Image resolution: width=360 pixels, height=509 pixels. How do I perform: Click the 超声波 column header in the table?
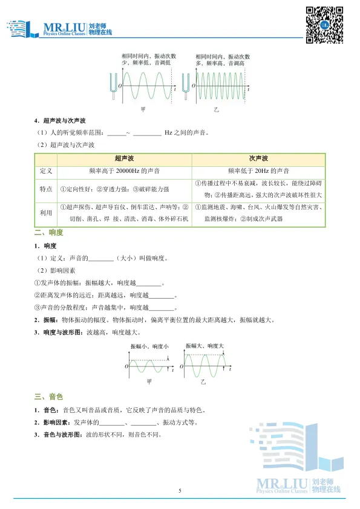(123, 158)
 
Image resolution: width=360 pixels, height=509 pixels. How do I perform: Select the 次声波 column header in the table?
(258, 158)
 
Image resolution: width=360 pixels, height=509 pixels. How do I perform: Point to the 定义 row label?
(47, 171)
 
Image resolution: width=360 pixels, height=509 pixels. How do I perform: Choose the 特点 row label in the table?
(47, 190)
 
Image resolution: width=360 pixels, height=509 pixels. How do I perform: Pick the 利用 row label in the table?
(47, 212)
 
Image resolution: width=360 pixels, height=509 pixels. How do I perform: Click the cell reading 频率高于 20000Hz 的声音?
(123, 171)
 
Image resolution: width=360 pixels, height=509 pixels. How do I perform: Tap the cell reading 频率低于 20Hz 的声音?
(258, 171)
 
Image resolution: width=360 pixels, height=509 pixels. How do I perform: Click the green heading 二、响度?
(49, 233)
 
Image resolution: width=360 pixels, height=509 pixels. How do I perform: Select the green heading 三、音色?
(49, 397)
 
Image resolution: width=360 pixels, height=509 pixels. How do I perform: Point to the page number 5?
(180, 490)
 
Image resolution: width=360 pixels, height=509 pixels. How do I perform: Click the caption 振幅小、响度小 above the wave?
(149, 345)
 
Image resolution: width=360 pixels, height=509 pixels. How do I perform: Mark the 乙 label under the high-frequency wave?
(215, 111)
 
